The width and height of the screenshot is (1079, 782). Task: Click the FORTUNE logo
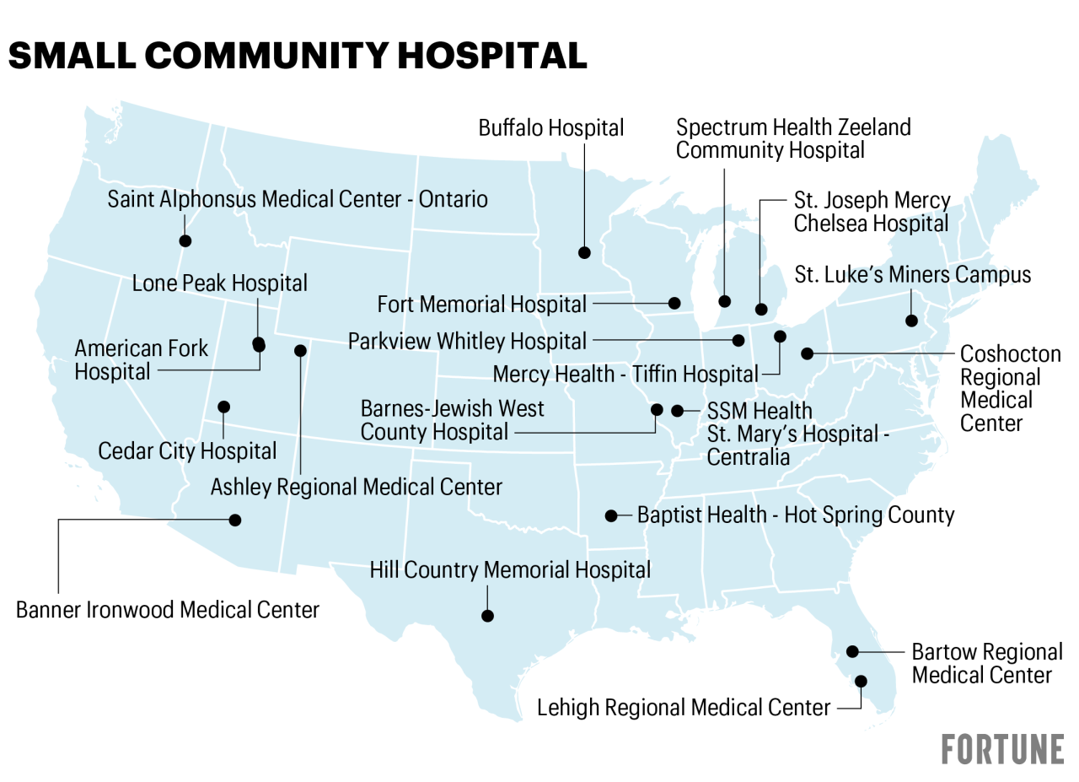click(x=1002, y=749)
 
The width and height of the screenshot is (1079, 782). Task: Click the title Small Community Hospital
click(x=297, y=56)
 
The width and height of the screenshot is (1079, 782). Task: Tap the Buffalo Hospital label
click(x=551, y=128)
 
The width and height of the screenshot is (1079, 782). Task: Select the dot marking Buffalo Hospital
click(x=584, y=252)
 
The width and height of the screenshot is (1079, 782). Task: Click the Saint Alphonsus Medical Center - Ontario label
click(x=298, y=200)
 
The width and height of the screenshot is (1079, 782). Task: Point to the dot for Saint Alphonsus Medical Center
click(x=185, y=240)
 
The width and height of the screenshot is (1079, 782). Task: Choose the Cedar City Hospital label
click(x=187, y=451)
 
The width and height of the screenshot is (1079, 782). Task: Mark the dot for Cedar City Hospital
click(x=223, y=407)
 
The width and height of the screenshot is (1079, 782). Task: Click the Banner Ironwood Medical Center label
click(x=168, y=610)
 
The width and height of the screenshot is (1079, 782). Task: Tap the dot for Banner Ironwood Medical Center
click(x=235, y=520)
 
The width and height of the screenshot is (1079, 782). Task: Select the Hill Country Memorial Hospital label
click(x=510, y=570)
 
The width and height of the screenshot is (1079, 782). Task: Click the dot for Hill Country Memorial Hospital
click(x=487, y=616)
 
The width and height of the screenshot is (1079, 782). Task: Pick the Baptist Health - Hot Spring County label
click(x=795, y=515)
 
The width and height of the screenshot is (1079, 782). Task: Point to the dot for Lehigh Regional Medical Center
click(x=861, y=681)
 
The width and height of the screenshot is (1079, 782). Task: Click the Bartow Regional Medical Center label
click(x=986, y=664)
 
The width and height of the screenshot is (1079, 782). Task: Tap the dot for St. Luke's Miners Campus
click(x=911, y=321)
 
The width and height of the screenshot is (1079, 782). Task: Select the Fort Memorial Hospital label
click(x=481, y=304)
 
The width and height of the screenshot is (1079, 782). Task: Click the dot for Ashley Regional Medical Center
click(x=300, y=350)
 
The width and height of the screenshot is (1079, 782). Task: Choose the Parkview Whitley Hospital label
click(x=467, y=342)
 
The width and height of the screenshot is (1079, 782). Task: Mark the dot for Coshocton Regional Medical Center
click(x=808, y=353)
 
